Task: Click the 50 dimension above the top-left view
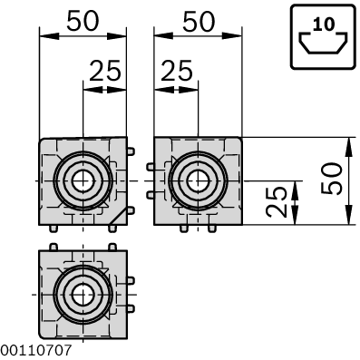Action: pos(83,21)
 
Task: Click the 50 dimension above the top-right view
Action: pos(199,22)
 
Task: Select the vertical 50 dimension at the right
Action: pos(331,179)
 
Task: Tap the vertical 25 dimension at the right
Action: pos(277,202)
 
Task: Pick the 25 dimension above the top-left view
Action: pos(105,71)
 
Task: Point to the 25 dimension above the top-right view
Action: pos(177,71)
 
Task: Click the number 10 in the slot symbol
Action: pos(324,24)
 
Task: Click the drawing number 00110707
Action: pos(36,350)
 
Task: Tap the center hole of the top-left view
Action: pos(83,181)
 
